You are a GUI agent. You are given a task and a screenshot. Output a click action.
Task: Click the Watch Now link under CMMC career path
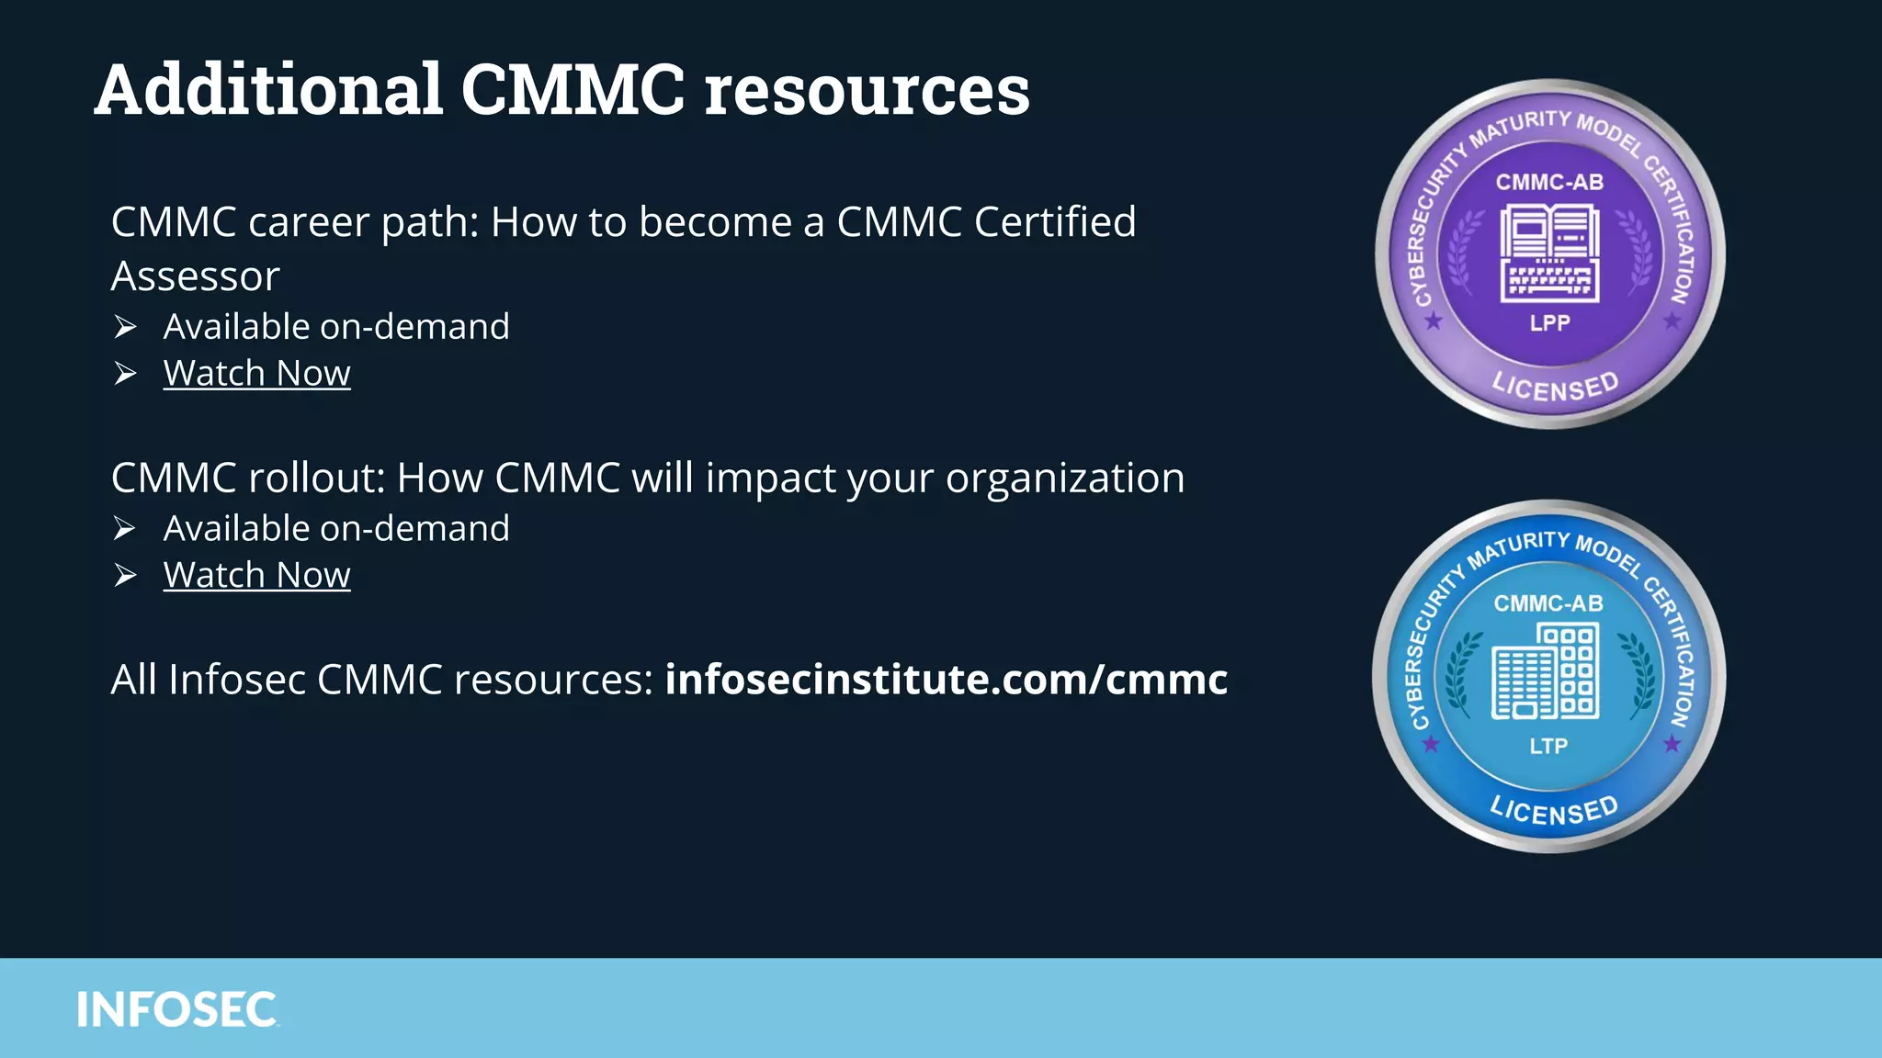(x=256, y=373)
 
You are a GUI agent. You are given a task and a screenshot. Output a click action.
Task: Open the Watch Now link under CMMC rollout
(x=256, y=575)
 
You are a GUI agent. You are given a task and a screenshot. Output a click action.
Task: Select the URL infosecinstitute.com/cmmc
(x=946, y=680)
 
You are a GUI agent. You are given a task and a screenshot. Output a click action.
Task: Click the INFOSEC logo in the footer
(x=176, y=1009)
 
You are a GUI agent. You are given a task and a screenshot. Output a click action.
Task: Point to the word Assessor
(x=195, y=276)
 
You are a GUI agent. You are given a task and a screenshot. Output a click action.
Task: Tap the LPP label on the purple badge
(x=1549, y=323)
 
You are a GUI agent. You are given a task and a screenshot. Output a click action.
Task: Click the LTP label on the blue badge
(x=1548, y=746)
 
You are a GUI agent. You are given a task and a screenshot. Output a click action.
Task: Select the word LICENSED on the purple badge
(x=1554, y=387)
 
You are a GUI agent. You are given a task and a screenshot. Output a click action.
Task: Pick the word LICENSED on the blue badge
(x=1553, y=810)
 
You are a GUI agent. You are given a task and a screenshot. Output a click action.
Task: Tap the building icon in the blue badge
(x=1546, y=670)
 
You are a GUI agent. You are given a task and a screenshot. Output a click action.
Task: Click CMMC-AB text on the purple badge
(x=1549, y=182)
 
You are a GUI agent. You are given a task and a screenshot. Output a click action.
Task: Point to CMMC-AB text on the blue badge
(x=1548, y=603)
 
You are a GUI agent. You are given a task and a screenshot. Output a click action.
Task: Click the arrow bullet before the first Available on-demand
(x=125, y=327)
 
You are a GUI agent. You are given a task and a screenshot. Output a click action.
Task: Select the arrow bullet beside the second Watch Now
(x=125, y=576)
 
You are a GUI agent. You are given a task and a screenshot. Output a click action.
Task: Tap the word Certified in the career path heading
(x=1054, y=222)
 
